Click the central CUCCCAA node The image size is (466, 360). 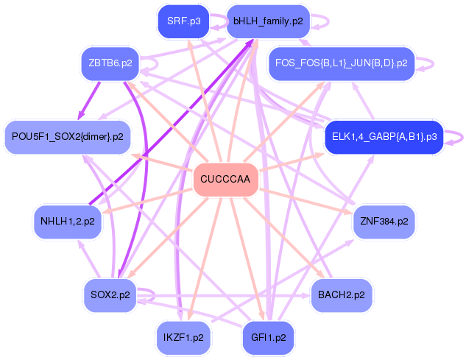pyautogui.click(x=225, y=180)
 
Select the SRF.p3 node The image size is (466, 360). pyautogui.click(x=183, y=21)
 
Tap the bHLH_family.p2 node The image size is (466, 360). pyautogui.click(x=268, y=21)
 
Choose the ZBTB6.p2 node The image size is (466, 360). pyautogui.click(x=110, y=64)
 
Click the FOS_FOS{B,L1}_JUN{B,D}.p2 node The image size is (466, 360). pyautogui.click(x=342, y=64)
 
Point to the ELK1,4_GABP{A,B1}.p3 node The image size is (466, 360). pyautogui.click(x=384, y=136)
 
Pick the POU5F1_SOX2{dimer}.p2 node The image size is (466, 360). pyautogui.click(x=67, y=136)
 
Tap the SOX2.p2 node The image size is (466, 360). pyautogui.click(x=110, y=294)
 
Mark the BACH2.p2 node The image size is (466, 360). pyautogui.click(x=342, y=294)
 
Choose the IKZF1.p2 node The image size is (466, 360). pyautogui.click(x=183, y=337)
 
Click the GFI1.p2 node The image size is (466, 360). pyautogui.click(x=268, y=337)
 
